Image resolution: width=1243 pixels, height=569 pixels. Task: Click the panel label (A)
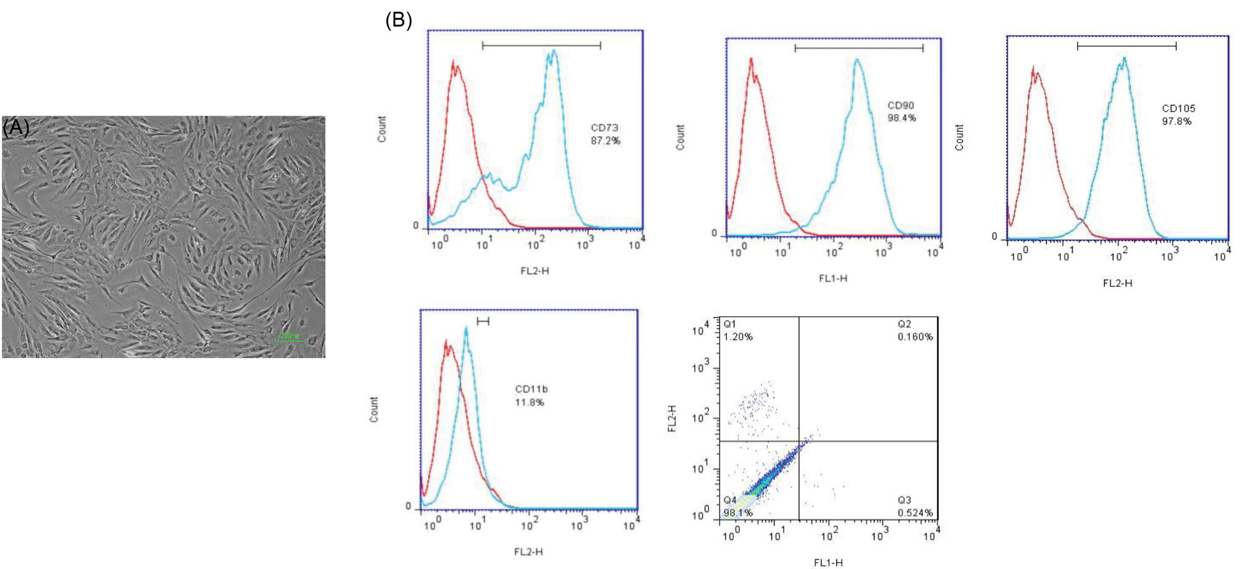pos(15,128)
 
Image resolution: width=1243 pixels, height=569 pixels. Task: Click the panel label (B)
pos(398,20)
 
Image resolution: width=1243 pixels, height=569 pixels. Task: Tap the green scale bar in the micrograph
pos(289,339)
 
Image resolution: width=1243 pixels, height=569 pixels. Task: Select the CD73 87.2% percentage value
pos(605,141)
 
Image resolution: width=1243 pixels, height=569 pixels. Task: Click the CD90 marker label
pos(900,106)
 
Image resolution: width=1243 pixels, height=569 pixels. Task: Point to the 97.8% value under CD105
pos(1176,122)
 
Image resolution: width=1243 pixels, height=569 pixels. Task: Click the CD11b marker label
pos(531,389)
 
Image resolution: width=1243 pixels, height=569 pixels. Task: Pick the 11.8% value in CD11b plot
pos(530,402)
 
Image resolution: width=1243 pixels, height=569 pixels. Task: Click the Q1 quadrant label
pos(730,324)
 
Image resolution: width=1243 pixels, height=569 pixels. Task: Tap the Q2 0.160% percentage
pos(915,337)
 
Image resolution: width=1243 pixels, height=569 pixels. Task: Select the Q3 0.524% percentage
pos(915,513)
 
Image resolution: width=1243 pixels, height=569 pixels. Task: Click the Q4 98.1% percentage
pos(738,513)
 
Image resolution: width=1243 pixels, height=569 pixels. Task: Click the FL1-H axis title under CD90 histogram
pos(833,279)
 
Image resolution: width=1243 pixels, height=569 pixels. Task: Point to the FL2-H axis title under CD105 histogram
pos(1117,283)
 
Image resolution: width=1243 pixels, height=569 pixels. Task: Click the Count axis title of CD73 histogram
pos(382,129)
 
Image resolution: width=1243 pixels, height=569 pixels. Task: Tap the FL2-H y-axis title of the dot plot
pos(673,418)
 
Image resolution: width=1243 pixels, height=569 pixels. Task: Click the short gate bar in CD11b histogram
pos(483,321)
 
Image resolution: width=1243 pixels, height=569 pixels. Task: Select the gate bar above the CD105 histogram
pos(1126,46)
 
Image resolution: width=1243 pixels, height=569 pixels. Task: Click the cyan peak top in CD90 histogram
pos(857,60)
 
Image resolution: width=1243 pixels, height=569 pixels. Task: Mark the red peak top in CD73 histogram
pos(454,62)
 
